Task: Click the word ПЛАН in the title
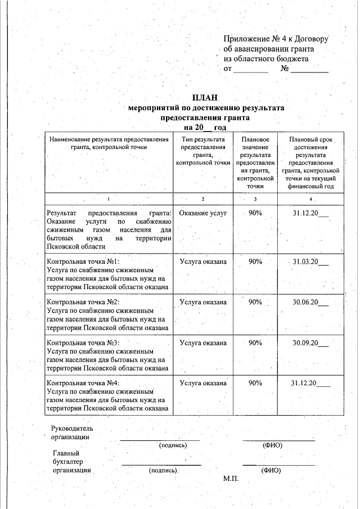pyautogui.click(x=205, y=98)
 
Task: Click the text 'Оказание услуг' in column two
pyautogui.click(x=202, y=214)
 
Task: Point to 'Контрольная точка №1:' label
pyautogui.click(x=83, y=262)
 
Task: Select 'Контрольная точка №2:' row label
pyautogui.click(x=83, y=302)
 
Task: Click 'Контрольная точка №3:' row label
pyautogui.click(x=83, y=343)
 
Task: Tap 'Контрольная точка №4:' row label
pyautogui.click(x=83, y=383)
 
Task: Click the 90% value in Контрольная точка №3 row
pyautogui.click(x=255, y=343)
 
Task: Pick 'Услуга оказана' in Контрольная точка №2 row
pyautogui.click(x=203, y=302)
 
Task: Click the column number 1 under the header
pyautogui.click(x=109, y=200)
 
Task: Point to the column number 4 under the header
pyautogui.click(x=310, y=200)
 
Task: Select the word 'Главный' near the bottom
pyautogui.click(x=66, y=453)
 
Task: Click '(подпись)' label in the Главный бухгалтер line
pyautogui.click(x=163, y=470)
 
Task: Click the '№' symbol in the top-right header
pyautogui.click(x=285, y=69)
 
